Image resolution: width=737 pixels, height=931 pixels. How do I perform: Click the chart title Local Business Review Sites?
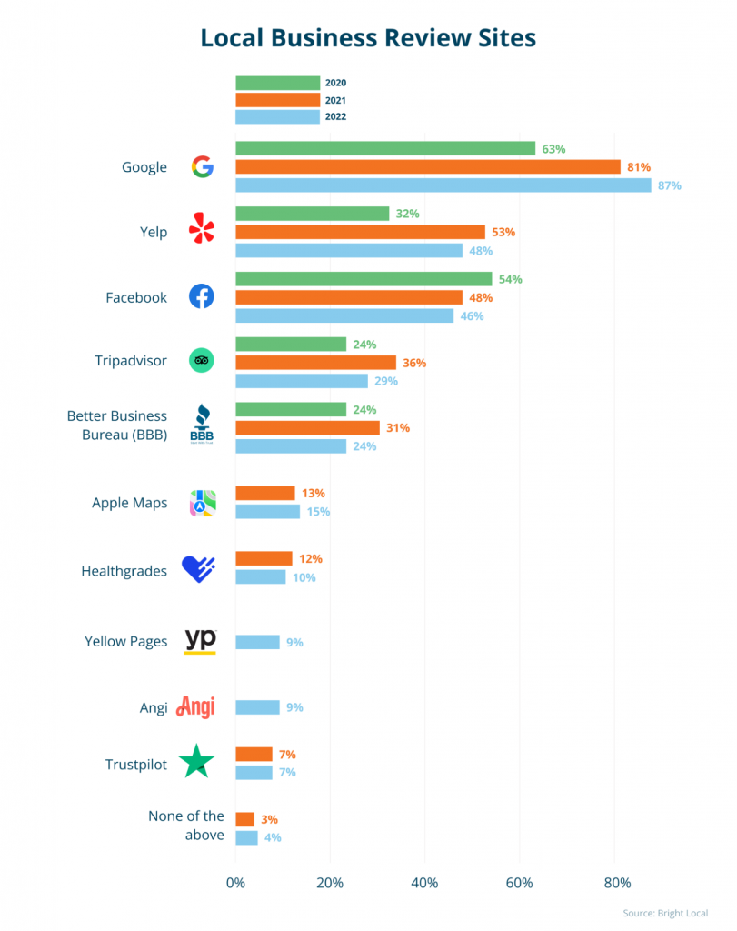click(368, 38)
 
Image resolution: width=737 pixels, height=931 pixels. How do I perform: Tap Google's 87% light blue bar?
click(443, 185)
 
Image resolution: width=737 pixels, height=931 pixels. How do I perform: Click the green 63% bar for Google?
click(385, 148)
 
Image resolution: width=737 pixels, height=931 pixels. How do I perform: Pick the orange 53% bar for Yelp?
click(360, 232)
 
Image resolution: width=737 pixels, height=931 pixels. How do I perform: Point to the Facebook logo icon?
click(201, 296)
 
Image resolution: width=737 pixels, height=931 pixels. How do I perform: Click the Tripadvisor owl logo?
click(201, 361)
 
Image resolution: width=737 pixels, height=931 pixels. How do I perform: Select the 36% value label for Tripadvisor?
click(414, 363)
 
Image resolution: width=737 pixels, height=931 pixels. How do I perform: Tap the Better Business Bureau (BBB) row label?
click(116, 425)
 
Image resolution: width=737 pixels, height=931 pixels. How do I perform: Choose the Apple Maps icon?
click(202, 503)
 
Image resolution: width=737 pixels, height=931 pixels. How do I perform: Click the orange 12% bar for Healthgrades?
click(264, 558)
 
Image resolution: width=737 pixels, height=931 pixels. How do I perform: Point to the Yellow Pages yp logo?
click(200, 640)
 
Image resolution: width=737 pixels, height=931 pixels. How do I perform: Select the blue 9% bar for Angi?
click(257, 707)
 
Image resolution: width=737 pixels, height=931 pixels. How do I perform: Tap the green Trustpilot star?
click(196, 762)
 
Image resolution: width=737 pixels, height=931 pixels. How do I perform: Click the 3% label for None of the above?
click(270, 819)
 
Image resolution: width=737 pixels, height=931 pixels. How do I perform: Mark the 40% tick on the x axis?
click(424, 883)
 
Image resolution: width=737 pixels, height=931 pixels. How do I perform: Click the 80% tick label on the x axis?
click(617, 883)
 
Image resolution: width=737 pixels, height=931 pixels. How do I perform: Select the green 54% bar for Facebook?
click(364, 279)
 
